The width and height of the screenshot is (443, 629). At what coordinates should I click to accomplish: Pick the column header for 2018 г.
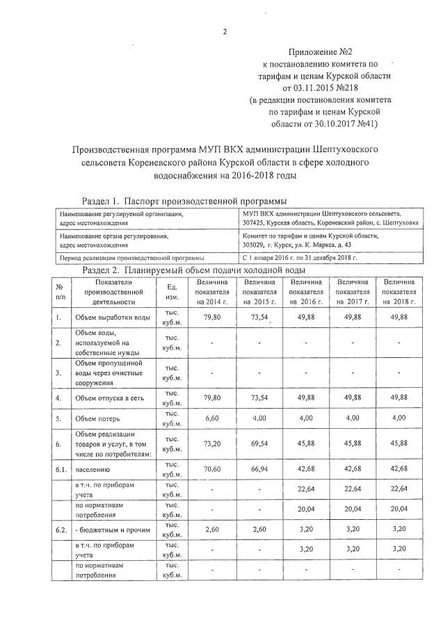coord(398,292)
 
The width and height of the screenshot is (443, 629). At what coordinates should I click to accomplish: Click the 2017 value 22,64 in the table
coord(352,489)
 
